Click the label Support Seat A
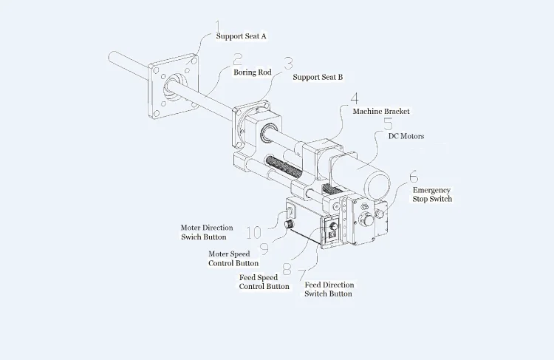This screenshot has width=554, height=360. [241, 36]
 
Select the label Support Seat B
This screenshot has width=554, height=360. [317, 77]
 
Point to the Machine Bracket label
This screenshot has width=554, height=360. [380, 112]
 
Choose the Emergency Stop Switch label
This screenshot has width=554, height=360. [432, 194]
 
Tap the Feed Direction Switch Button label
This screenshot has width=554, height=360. [329, 289]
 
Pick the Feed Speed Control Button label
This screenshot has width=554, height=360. [264, 282]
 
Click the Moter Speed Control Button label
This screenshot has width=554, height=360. [233, 258]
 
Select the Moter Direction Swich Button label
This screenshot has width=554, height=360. [207, 232]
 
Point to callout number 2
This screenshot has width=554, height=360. [237, 61]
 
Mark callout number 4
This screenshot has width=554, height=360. [355, 99]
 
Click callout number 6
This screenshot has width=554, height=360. [413, 177]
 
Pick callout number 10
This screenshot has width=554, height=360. [253, 232]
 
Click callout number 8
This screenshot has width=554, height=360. [287, 269]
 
